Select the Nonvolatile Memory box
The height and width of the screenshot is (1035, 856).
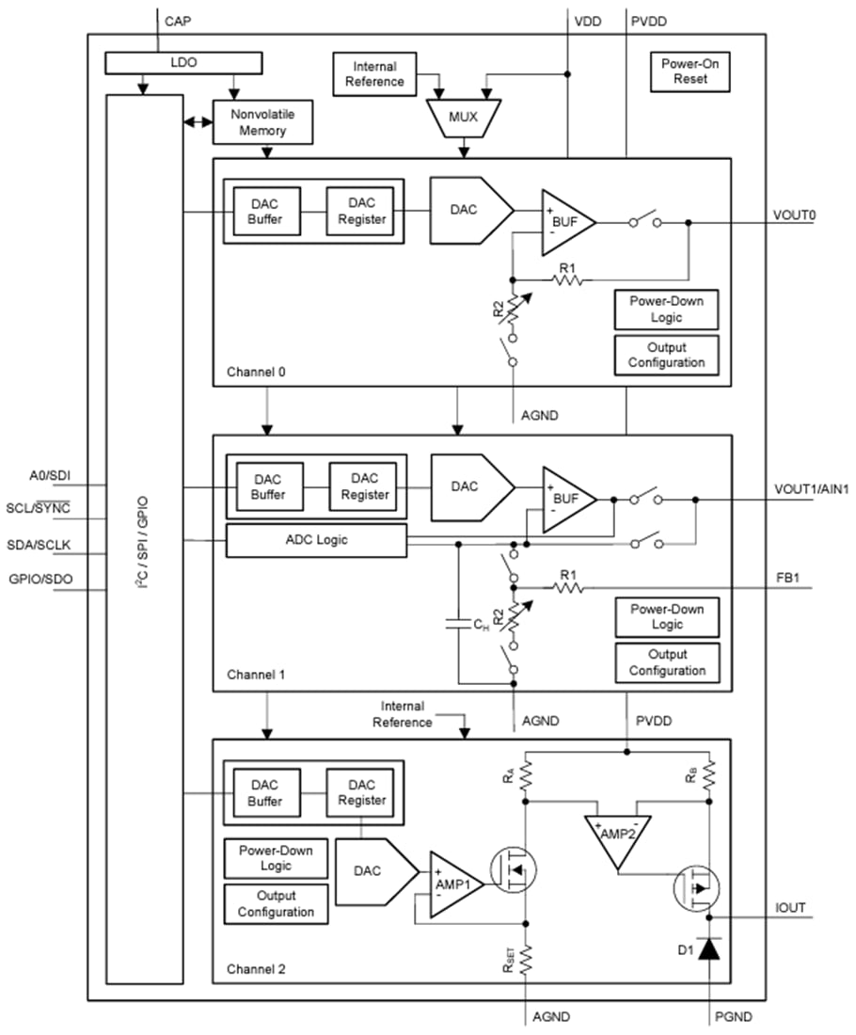262,122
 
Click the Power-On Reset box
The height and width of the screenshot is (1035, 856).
690,72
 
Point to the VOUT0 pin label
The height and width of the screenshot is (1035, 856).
795,215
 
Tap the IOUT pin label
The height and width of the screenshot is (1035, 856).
789,908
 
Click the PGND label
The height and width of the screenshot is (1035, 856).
733,1016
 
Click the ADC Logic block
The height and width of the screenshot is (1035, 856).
316,540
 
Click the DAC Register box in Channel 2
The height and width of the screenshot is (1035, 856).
361,792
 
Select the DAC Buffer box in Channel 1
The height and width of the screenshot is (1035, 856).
271,486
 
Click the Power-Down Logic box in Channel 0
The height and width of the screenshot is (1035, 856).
666,309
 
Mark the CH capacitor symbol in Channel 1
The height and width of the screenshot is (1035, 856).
458,622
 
